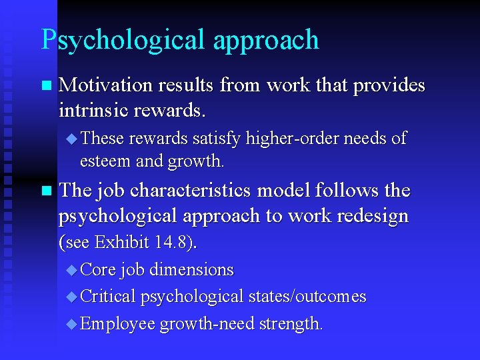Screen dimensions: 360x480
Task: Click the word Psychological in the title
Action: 123,40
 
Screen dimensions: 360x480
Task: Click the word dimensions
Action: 193,270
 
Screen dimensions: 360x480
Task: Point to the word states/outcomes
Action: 317,297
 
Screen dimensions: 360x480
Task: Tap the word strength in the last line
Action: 289,324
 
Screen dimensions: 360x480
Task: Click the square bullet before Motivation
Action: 45,86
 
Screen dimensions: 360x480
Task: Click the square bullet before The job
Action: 45,191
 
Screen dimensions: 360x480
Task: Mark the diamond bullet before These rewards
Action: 72,139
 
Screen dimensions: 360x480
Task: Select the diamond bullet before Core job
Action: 72,270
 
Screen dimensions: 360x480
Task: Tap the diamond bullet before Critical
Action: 72,297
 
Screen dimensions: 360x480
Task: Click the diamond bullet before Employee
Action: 72,324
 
